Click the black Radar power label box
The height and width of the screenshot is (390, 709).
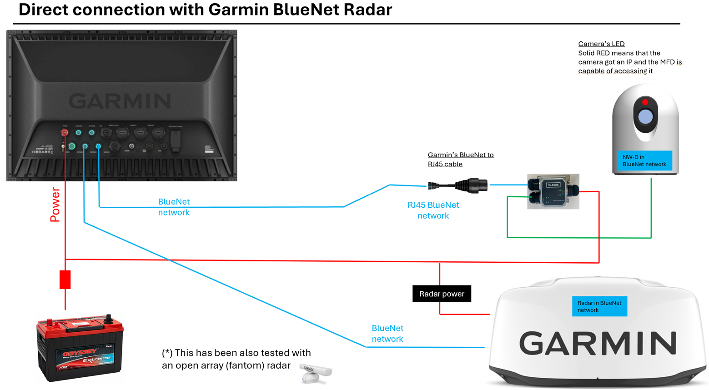[442, 294]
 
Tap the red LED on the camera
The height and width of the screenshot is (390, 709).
[645, 102]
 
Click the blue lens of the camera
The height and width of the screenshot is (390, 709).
[645, 117]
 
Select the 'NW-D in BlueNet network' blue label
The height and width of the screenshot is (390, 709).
[644, 161]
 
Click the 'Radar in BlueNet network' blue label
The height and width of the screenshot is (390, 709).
[599, 306]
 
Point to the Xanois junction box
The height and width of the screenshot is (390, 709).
[553, 191]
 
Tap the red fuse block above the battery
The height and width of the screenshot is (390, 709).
[65, 280]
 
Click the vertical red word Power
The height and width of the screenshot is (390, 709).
[55, 205]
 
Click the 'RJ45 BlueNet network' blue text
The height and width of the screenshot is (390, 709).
[433, 210]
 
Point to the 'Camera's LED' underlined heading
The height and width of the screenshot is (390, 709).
[601, 44]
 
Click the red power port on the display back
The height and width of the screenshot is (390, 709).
[65, 133]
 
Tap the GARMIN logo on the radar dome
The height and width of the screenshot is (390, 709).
[598, 343]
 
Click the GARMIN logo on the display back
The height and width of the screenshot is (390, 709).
[120, 101]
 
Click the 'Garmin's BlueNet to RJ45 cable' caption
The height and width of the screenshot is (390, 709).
[460, 160]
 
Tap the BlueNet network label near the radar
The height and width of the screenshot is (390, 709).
[387, 334]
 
